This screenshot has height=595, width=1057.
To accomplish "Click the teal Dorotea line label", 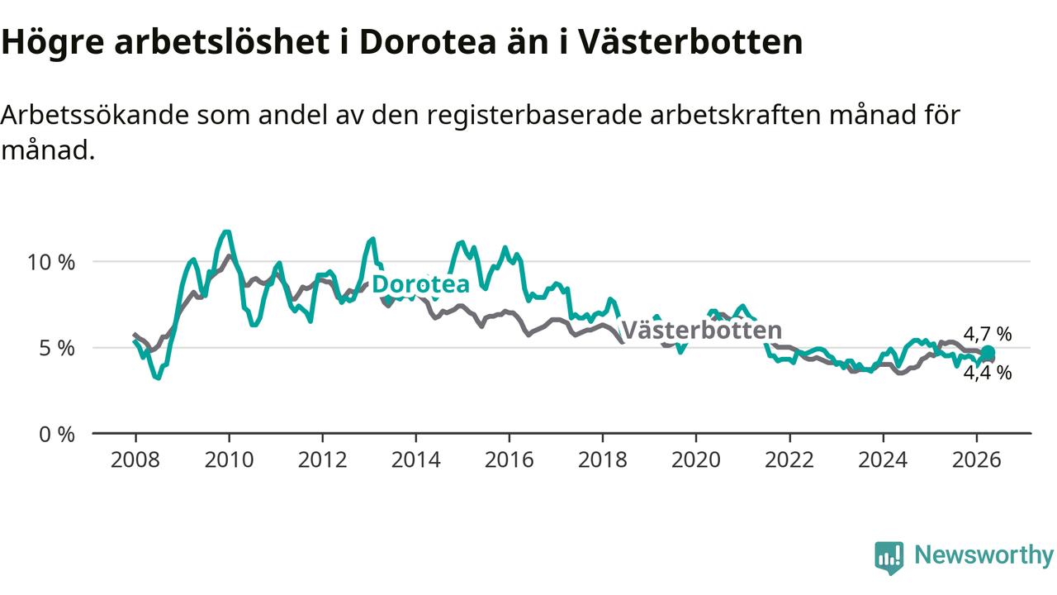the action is tap(420, 284).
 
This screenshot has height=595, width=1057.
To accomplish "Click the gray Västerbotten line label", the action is tap(702, 330).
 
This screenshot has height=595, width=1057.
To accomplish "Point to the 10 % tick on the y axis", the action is tap(51, 263).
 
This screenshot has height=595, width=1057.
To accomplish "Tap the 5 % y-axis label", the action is tap(57, 349).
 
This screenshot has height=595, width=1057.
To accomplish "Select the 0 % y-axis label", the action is tap(57, 435).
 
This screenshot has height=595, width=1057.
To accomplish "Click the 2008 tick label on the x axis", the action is tap(135, 460).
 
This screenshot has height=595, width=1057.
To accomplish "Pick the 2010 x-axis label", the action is tap(229, 460).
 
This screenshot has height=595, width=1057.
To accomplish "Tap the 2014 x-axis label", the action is tap(415, 460).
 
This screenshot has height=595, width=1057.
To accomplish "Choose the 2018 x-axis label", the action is tap(603, 460).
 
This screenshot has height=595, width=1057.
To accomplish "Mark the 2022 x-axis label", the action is tap(789, 460).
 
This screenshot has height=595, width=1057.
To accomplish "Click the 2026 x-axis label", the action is tap(976, 460).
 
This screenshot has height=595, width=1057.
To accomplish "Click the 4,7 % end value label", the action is tap(988, 335).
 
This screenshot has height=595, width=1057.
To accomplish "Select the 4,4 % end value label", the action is tap(988, 373).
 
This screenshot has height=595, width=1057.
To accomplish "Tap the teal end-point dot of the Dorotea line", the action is tap(988, 353).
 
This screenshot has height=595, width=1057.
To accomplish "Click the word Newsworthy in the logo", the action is tap(984, 555).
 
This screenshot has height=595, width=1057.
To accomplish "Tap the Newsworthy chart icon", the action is tap(889, 557).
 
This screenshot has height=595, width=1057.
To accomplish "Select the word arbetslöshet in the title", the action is tap(222, 41).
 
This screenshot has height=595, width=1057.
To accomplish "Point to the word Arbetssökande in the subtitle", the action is tap(95, 115).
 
